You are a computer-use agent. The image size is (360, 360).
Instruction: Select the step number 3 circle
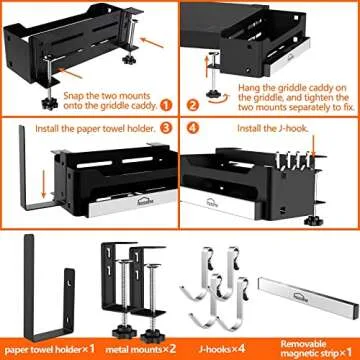click(x=166, y=128)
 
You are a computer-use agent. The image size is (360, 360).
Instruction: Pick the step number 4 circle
click(x=195, y=128)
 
